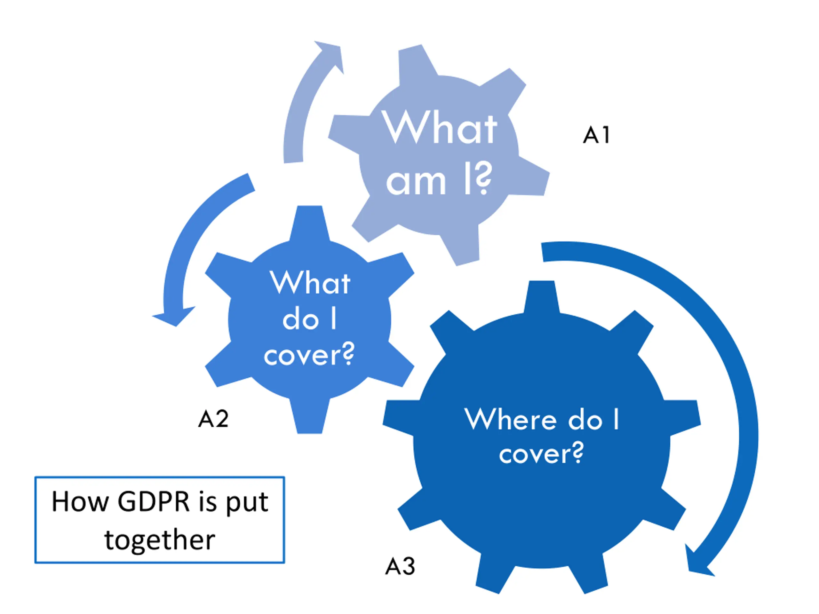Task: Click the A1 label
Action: click(596, 135)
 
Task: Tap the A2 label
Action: click(213, 419)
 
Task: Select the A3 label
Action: click(400, 566)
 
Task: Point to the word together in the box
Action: click(160, 540)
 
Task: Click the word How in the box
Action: click(79, 502)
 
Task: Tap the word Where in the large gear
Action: click(511, 419)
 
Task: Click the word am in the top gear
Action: click(416, 182)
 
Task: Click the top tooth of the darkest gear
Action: click(541, 296)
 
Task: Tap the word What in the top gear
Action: click(440, 128)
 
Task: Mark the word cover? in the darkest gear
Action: click(541, 453)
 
